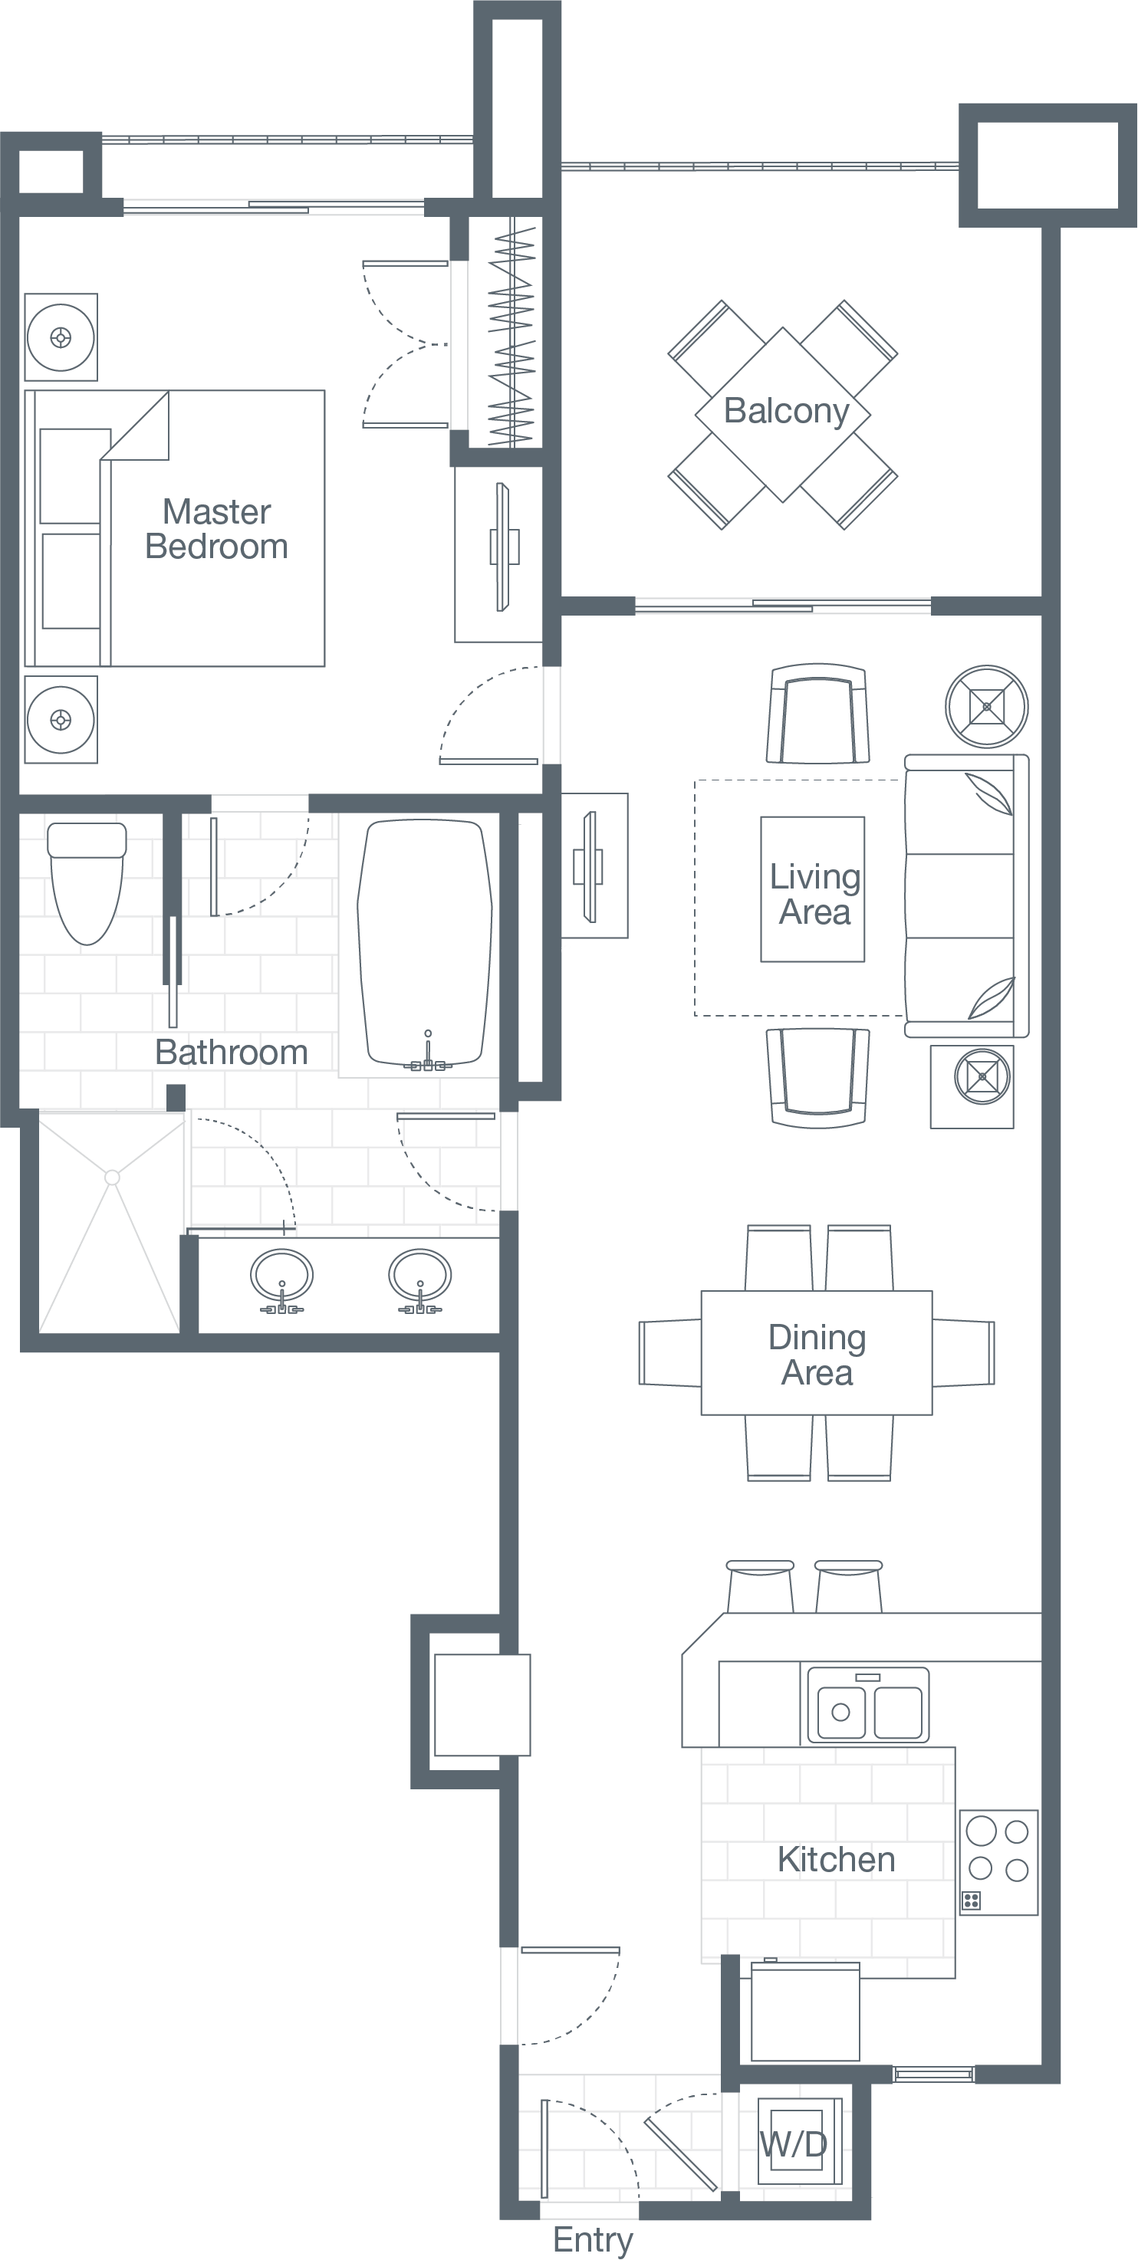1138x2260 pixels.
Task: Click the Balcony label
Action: [x=786, y=411]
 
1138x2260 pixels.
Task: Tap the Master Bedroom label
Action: [x=217, y=529]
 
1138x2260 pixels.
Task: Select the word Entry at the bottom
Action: [x=592, y=2240]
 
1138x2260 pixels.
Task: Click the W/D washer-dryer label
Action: [x=793, y=2144]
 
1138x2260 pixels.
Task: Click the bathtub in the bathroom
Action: [x=424, y=943]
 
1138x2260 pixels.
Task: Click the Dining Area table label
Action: [x=817, y=1354]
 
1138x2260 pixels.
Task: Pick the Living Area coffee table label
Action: [x=814, y=894]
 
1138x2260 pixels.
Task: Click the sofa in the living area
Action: [x=965, y=895]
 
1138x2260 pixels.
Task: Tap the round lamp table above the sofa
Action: [x=987, y=705]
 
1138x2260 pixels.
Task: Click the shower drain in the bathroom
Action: [x=111, y=1178]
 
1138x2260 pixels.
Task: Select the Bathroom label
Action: [x=232, y=1053]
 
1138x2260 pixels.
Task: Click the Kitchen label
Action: [x=836, y=1859]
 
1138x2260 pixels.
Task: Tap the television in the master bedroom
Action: [x=502, y=547]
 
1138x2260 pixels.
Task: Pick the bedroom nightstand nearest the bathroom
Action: [x=61, y=719]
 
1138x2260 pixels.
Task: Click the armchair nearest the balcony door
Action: [x=817, y=713]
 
